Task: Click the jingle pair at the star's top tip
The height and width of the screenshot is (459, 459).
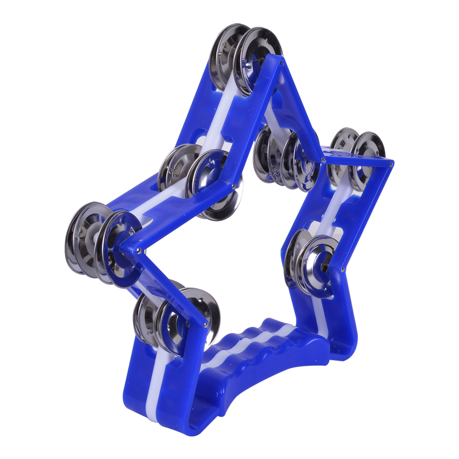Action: point(246,57)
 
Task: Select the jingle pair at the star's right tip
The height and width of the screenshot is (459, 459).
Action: point(358,156)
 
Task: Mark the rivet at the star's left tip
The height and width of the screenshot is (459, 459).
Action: point(138,250)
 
